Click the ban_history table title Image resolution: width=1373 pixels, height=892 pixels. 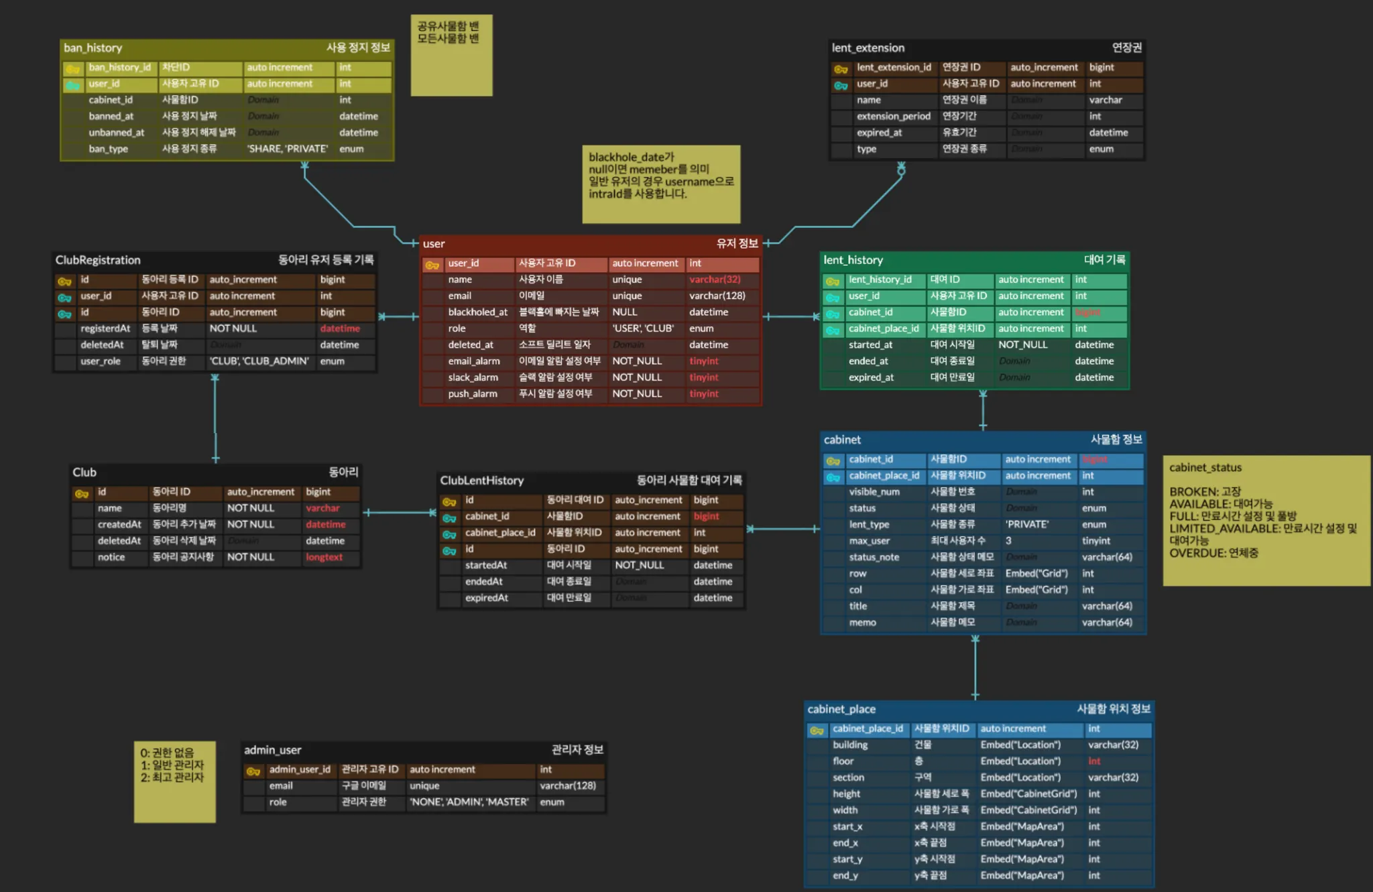pyautogui.click(x=93, y=48)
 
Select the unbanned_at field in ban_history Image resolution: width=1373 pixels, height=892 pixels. pyautogui.click(x=117, y=133)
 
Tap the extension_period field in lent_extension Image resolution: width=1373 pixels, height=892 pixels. pyautogui.click(x=893, y=117)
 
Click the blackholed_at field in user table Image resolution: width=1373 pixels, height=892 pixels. pyautogui.click(x=477, y=312)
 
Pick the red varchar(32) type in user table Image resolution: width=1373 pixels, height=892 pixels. pyautogui.click(x=715, y=279)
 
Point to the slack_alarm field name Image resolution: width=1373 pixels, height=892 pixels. pyautogui.click(x=473, y=377)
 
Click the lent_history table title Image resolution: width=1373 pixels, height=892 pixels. pyautogui.click(x=853, y=260)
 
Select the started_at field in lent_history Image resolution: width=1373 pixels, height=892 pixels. pyautogui.click(x=870, y=345)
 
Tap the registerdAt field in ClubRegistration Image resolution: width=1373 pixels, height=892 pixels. pyautogui.click(x=105, y=328)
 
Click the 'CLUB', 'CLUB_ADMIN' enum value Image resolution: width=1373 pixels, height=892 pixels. pyautogui.click(x=259, y=361)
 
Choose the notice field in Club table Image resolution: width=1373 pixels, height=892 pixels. pyautogui.click(x=111, y=557)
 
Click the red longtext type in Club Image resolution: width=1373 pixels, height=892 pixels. pyautogui.click(x=324, y=557)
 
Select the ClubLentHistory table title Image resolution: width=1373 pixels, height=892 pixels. pyautogui.click(x=481, y=481)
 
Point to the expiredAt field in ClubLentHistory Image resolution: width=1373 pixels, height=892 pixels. pyautogui.click(x=487, y=598)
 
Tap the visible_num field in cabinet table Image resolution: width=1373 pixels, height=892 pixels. pyautogui.click(x=874, y=492)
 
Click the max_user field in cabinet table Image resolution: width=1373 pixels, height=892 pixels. pyautogui.click(x=869, y=541)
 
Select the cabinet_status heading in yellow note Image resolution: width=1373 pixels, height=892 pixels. pyautogui.click(x=1205, y=468)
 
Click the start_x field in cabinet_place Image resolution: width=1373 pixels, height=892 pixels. pyautogui.click(x=847, y=827)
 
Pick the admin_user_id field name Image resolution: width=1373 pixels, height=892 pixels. pyautogui.click(x=300, y=769)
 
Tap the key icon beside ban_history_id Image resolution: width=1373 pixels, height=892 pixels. pyautogui.click(x=72, y=68)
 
